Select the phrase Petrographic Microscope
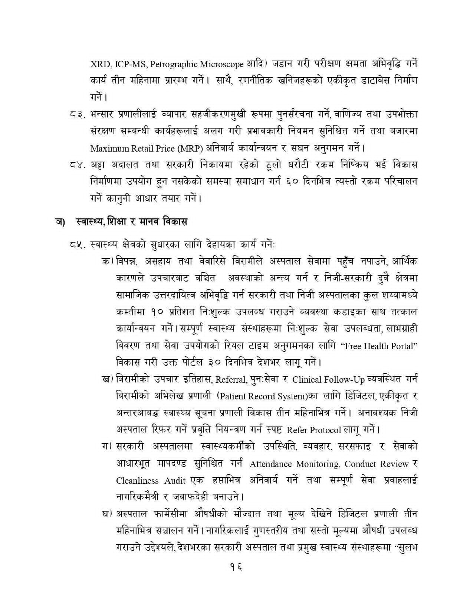tap(197, 64)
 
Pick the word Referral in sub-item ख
tap(231, 380)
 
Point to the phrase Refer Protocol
tap(314, 430)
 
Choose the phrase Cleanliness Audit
tap(151, 481)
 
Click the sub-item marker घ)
tap(107, 515)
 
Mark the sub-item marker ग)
tap(107, 447)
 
